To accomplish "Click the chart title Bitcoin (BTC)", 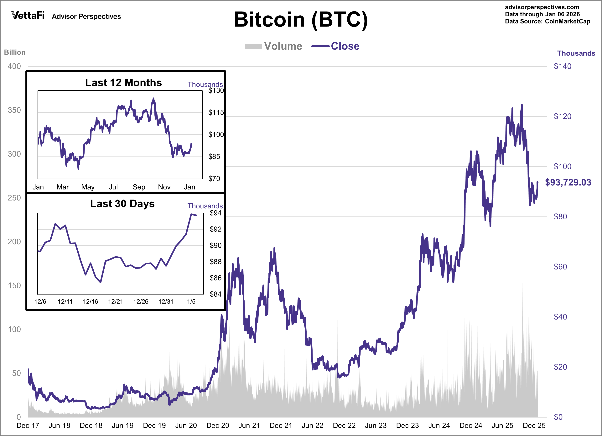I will [301, 20].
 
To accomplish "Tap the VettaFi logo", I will [28, 15].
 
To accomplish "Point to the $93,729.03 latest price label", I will [568, 182].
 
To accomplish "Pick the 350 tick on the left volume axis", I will [14, 110].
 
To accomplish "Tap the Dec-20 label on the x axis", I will [218, 425].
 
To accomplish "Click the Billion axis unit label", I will [15, 52].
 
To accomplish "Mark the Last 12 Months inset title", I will [123, 83].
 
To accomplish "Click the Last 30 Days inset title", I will [122, 204].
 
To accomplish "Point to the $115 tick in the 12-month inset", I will [216, 112].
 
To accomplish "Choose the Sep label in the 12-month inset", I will [139, 187].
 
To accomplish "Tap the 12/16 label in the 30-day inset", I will [91, 302].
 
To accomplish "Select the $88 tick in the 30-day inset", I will [215, 262].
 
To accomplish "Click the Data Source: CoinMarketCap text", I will [547, 22].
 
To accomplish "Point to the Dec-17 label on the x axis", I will [28, 425].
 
